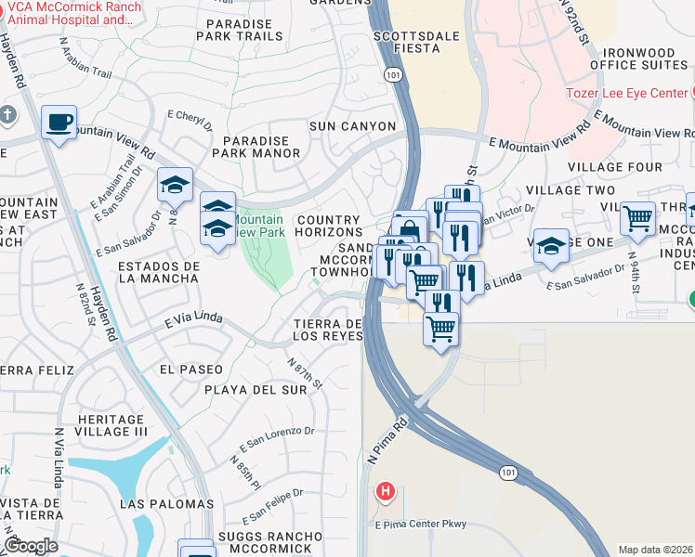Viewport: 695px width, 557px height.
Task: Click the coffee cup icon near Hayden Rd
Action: (x=59, y=123)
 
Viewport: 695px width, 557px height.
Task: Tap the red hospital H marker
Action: (x=384, y=490)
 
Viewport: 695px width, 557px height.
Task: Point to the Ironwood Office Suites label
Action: (x=645, y=58)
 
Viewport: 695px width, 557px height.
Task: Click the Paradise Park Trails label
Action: (x=239, y=30)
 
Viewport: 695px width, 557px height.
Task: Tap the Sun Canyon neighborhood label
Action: (x=352, y=126)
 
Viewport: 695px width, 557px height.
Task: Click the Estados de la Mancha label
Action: (x=159, y=272)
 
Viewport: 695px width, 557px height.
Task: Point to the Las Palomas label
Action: (x=167, y=504)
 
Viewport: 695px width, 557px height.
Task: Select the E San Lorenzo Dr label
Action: (x=277, y=437)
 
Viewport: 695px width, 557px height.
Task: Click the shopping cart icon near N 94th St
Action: (x=637, y=220)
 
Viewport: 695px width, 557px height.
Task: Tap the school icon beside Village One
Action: (x=551, y=247)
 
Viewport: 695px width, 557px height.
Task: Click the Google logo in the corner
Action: (x=31, y=546)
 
